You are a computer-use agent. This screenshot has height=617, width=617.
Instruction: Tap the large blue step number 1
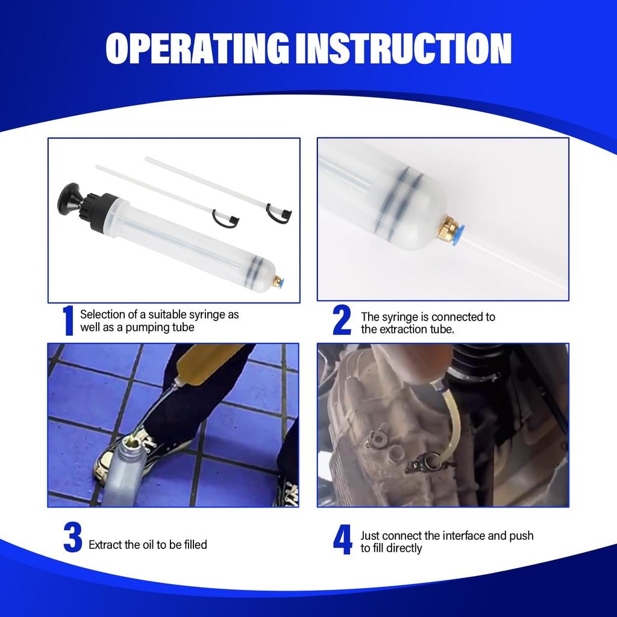coord(68,321)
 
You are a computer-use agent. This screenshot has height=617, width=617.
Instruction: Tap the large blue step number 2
coord(342,321)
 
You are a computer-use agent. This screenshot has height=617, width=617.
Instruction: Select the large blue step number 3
coord(72,538)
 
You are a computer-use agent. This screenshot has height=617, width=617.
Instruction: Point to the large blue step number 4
coord(342,540)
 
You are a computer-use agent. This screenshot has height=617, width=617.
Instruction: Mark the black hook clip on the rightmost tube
coord(281,212)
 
